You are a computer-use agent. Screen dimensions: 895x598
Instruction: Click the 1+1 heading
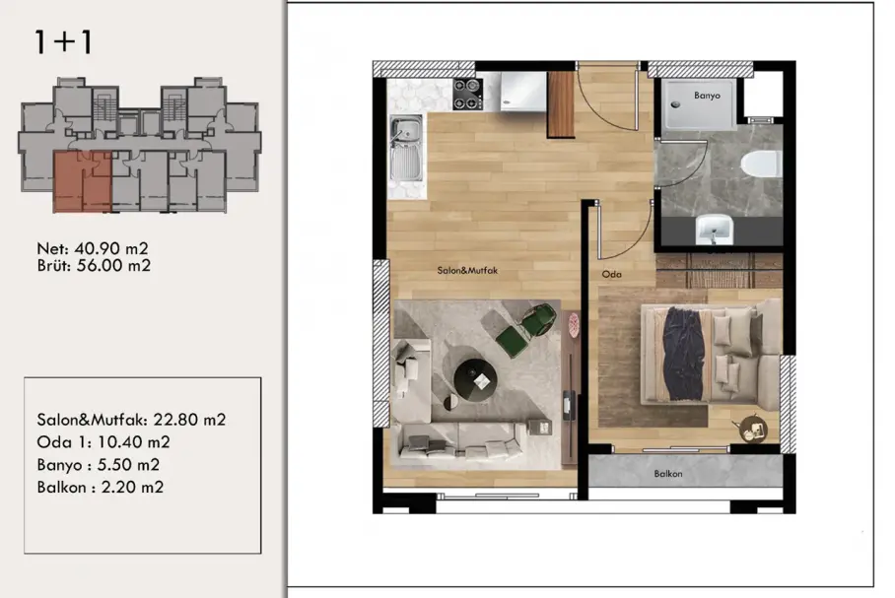pyautogui.click(x=63, y=41)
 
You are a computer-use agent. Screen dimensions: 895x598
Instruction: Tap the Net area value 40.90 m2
pyautogui.click(x=110, y=249)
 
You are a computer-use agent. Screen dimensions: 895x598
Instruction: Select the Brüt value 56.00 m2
pyautogui.click(x=113, y=265)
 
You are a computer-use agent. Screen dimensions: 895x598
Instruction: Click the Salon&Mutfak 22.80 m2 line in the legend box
pyautogui.click(x=131, y=420)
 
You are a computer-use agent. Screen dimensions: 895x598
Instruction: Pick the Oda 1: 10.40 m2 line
pyautogui.click(x=103, y=442)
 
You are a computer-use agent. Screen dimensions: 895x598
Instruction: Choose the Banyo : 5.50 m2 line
pyautogui.click(x=99, y=464)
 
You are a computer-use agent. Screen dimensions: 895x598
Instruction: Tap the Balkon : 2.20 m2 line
pyautogui.click(x=100, y=488)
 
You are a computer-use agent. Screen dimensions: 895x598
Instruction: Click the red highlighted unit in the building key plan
pyautogui.click(x=82, y=181)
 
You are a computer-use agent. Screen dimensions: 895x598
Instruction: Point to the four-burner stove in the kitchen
pyautogui.click(x=467, y=95)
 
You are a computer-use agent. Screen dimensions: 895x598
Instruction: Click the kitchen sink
pyautogui.click(x=406, y=149)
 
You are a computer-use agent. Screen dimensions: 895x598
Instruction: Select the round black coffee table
pyautogui.click(x=475, y=378)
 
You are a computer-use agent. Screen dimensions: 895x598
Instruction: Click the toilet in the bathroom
pyautogui.click(x=761, y=165)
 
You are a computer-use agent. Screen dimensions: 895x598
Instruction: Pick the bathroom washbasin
pyautogui.click(x=714, y=230)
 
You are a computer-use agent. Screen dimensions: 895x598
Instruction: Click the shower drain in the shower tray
pyautogui.click(x=676, y=104)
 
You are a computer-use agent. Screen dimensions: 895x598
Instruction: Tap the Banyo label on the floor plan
pyautogui.click(x=707, y=96)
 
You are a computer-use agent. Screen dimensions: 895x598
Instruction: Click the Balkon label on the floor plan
pyautogui.click(x=668, y=474)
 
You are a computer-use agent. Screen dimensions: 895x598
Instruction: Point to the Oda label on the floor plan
pyautogui.click(x=611, y=275)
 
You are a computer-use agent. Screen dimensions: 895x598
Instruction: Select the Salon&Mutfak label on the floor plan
pyautogui.click(x=467, y=271)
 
